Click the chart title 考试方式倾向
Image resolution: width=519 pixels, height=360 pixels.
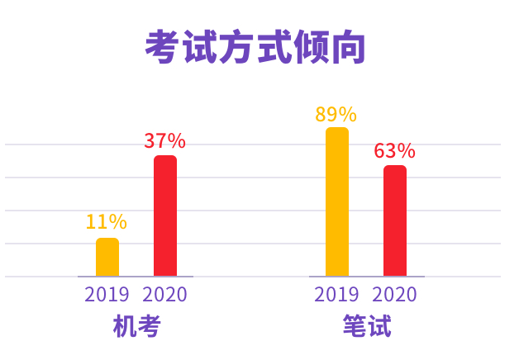pos(255,48)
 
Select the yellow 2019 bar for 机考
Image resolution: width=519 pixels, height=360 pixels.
pos(107,257)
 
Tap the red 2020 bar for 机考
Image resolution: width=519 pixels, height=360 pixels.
pos(165,216)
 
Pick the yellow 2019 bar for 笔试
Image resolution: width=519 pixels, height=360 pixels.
pos(337,201)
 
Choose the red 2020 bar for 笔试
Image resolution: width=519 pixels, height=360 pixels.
pos(395,220)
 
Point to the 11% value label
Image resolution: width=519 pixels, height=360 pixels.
pos(107,221)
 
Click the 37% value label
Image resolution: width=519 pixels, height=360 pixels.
pos(165,140)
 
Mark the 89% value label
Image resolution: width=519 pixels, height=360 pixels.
pos(336,114)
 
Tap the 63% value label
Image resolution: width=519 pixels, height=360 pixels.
pos(395,151)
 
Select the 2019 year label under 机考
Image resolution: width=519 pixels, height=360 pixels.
pos(107,295)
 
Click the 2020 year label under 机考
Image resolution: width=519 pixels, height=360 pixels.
pos(165,295)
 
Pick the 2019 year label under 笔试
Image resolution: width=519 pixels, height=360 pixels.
pos(337,295)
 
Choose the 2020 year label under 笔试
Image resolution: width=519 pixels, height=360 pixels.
pos(395,295)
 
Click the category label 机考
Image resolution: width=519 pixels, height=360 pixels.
pos(136,327)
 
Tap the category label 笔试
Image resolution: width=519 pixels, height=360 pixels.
pos(367,327)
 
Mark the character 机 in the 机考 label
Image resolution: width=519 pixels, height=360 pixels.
pos(125,327)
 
